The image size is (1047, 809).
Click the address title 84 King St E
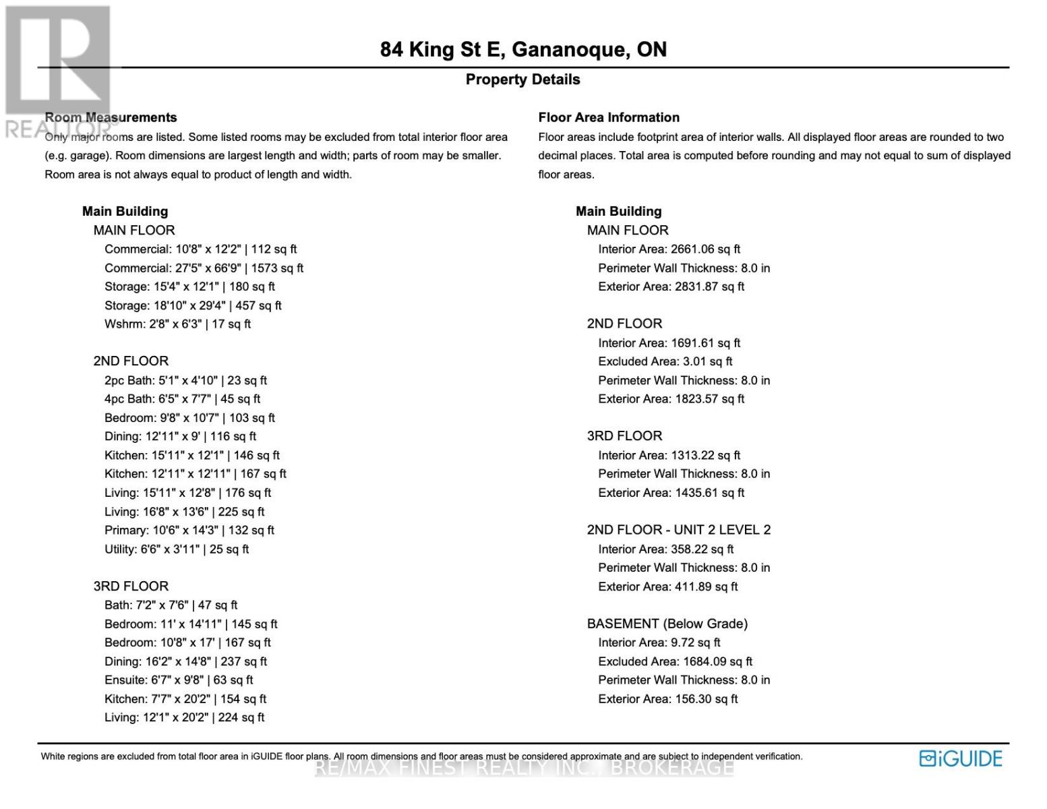click(x=523, y=50)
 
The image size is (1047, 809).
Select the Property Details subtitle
click(x=522, y=80)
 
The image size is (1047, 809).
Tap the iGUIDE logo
click(x=961, y=758)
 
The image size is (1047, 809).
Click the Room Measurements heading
click(x=111, y=117)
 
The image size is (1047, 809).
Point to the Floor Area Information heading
click(x=609, y=117)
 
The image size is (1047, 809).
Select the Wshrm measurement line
click(x=177, y=324)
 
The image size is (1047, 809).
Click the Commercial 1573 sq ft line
click(x=204, y=268)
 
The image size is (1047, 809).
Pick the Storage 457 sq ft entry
click(x=193, y=305)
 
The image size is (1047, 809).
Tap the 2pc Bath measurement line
click(x=185, y=380)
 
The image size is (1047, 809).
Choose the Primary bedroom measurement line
click(x=189, y=531)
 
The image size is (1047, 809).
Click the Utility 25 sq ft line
click(x=177, y=549)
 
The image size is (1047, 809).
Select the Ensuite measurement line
click(x=179, y=680)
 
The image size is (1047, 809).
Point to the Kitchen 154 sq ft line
click(x=185, y=699)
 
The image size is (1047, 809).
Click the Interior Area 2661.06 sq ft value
click(x=669, y=249)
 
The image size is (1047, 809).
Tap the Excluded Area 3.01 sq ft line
click(x=665, y=361)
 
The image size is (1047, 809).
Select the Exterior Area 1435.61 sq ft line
click(x=671, y=493)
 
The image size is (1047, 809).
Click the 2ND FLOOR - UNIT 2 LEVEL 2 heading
click(x=678, y=530)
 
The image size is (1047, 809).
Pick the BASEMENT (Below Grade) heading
click(x=667, y=624)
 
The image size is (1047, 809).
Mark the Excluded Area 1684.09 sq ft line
click(x=675, y=661)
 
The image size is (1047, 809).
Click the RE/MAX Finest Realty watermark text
click(x=524, y=768)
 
